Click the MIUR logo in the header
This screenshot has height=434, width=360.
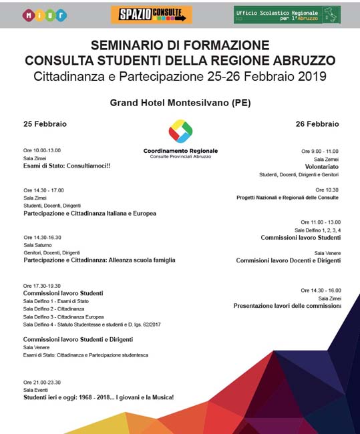(45, 14)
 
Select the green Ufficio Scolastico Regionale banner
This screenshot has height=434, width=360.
(287, 14)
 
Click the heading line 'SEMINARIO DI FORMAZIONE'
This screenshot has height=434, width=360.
(180, 45)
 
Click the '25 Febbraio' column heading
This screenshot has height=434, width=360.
(45, 124)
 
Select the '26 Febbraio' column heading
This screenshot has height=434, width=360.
(317, 124)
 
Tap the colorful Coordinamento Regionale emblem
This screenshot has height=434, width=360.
(180, 132)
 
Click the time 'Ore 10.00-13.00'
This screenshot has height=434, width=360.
(42, 151)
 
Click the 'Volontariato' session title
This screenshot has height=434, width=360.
(321, 167)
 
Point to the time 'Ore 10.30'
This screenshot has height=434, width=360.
(327, 190)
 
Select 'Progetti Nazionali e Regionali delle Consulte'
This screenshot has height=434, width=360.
(287, 198)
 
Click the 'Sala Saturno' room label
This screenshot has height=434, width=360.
(37, 245)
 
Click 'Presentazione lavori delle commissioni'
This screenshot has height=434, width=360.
(287, 306)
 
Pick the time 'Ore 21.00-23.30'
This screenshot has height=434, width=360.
(42, 382)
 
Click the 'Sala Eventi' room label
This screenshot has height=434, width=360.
(35, 389)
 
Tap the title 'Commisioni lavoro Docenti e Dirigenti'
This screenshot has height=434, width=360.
(288, 261)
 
